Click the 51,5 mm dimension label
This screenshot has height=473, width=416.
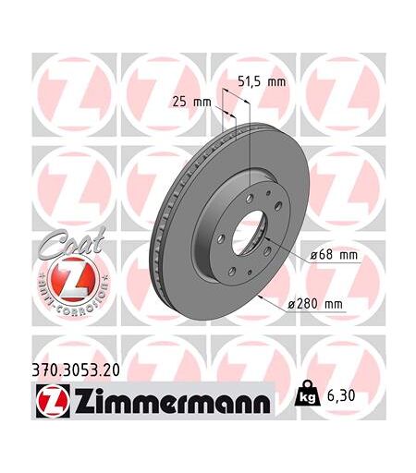(x=262, y=81)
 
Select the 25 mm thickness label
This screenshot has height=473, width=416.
(x=191, y=102)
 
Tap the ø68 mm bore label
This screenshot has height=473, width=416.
(x=334, y=255)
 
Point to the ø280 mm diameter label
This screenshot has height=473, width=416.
(x=315, y=304)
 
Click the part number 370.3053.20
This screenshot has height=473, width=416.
(x=76, y=370)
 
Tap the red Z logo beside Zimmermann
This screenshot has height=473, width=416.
(x=53, y=401)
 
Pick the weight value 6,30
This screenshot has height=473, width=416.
(x=341, y=395)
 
